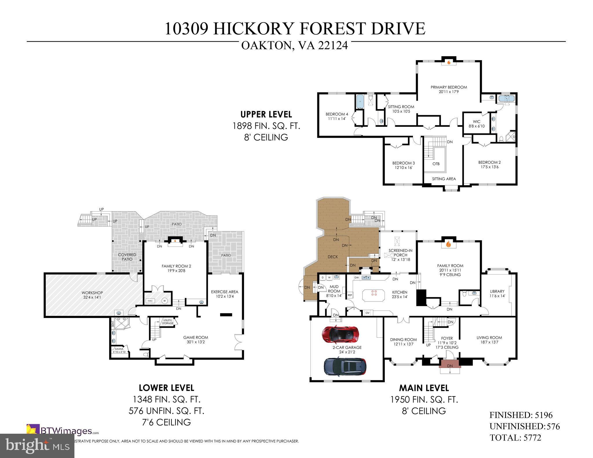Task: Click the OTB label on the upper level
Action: (436, 164)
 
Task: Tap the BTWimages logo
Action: (62, 431)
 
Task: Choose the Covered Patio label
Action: (127, 257)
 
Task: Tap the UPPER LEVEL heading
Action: (266, 114)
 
